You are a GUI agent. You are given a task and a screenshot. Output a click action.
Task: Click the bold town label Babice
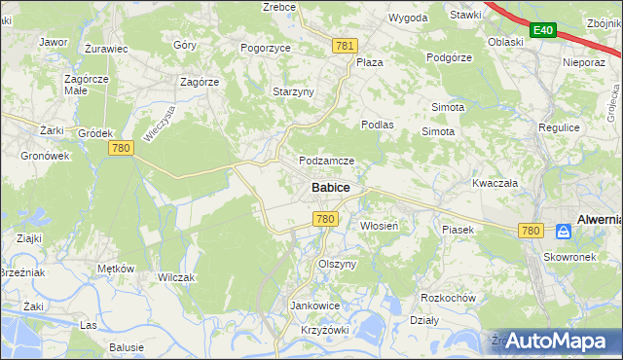coord(331,187)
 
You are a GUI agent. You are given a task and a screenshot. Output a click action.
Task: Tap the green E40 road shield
coord(542,31)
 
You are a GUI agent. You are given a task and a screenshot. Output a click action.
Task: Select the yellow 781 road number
coord(344,46)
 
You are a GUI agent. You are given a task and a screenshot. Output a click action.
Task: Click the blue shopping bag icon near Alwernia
coord(563,231)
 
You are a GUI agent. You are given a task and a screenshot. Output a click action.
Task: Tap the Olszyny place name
coord(338,264)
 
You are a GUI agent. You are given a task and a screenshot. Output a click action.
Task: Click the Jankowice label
coord(314,305)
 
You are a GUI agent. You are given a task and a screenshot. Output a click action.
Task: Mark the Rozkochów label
coord(447,298)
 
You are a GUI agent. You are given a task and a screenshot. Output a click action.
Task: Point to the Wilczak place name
coord(176,277)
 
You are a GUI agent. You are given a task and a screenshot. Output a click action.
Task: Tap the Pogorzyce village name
coord(266,46)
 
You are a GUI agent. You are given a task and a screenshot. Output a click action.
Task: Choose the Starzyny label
coord(293,91)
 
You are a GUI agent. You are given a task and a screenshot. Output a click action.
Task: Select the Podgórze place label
coord(449,57)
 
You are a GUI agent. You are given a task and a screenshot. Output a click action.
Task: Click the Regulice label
coord(559,127)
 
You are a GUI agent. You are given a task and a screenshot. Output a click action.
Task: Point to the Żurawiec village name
coord(106,48)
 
